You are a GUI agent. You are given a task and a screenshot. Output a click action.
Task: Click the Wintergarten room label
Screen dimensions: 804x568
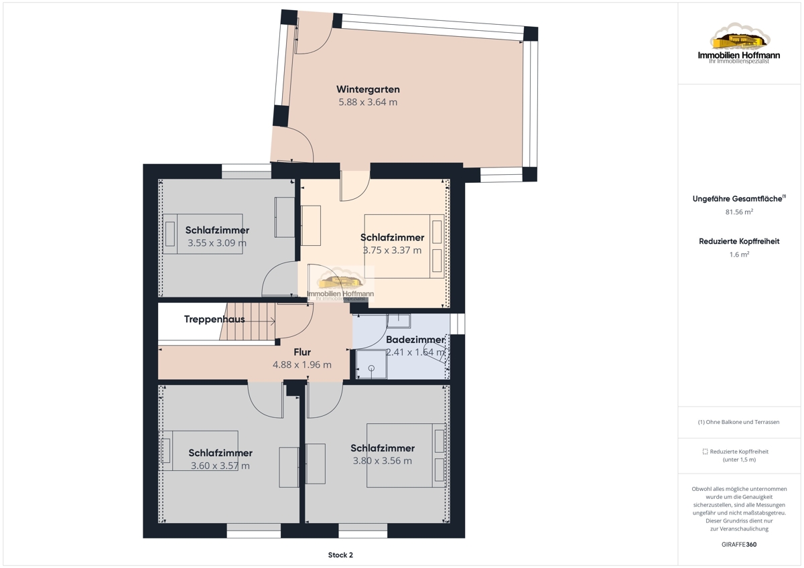368,89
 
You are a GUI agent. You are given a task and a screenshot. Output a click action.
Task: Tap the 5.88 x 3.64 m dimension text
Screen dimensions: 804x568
368,102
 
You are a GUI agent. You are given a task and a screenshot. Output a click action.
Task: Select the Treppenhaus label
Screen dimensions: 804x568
214,319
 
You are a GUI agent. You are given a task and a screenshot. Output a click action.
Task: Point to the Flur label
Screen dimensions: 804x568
302,352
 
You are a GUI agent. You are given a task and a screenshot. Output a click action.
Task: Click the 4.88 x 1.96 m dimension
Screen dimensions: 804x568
302,365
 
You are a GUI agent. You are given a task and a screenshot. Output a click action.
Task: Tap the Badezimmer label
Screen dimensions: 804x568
415,340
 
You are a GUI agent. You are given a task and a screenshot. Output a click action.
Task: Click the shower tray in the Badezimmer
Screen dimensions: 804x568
371,364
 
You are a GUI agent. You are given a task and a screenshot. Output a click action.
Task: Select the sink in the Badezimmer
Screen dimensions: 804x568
399,321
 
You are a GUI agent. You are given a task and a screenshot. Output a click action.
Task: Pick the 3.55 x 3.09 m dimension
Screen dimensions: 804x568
217,243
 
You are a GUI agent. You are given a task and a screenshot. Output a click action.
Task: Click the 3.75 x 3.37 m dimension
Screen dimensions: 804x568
392,250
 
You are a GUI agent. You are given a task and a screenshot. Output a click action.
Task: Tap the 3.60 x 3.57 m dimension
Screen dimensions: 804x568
220,466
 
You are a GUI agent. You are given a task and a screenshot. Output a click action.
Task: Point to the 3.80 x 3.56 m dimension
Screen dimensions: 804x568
383,461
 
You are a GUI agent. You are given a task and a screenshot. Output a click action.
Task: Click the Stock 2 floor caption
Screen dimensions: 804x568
340,555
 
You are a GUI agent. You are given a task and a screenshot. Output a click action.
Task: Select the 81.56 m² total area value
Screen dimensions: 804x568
739,212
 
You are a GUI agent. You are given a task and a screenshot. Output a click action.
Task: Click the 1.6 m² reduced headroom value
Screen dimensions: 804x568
739,255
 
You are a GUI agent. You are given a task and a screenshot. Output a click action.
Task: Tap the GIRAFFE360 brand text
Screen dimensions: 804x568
739,545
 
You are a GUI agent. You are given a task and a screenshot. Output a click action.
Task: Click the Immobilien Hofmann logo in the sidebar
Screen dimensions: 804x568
739,44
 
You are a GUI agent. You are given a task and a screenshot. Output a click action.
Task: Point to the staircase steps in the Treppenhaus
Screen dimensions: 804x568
248,321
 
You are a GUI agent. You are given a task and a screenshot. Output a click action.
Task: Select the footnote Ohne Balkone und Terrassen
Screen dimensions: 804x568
738,422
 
